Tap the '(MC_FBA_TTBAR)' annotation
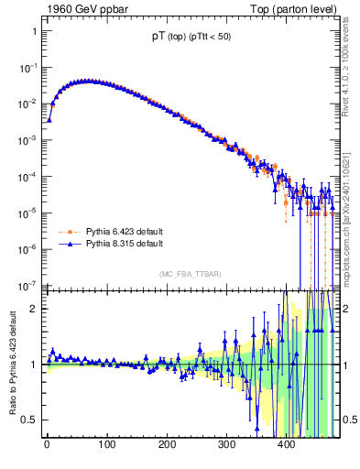coord(191,275)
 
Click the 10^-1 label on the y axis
coord(27,67)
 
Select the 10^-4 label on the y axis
coord(27,176)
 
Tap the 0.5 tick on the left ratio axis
coord(29,420)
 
